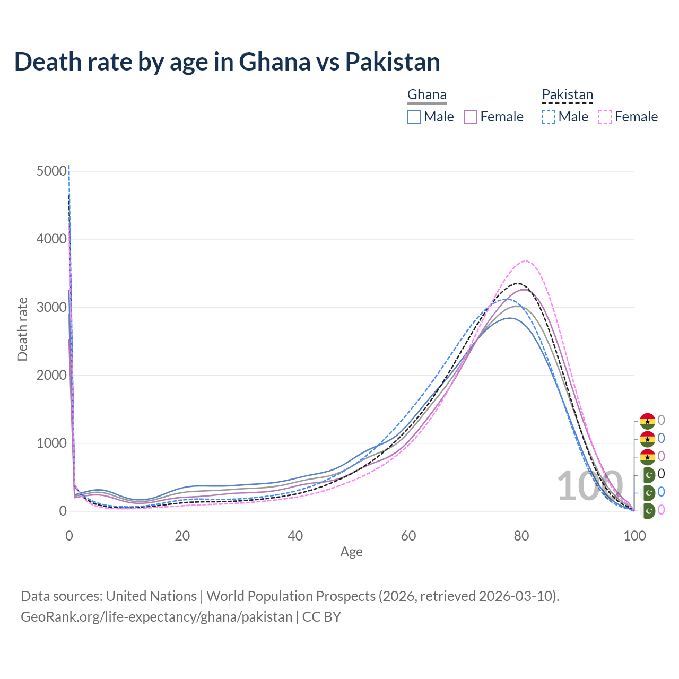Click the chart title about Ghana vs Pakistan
(x=227, y=62)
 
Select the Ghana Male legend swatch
(x=414, y=117)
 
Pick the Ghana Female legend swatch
(x=471, y=117)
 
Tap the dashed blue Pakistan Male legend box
(x=549, y=117)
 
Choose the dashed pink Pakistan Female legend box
(x=605, y=117)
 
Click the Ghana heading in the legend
(x=426, y=95)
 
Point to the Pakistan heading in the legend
(x=567, y=95)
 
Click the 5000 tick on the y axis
(x=52, y=171)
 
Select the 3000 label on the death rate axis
(x=52, y=307)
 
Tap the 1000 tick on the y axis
(x=52, y=443)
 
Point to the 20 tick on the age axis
(x=182, y=536)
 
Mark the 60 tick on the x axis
(x=408, y=536)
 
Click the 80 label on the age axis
(x=521, y=536)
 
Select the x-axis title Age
(x=351, y=552)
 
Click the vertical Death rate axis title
(x=22, y=329)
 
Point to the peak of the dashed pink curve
(x=525, y=261)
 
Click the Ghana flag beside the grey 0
(x=647, y=421)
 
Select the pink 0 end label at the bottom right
(x=661, y=510)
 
